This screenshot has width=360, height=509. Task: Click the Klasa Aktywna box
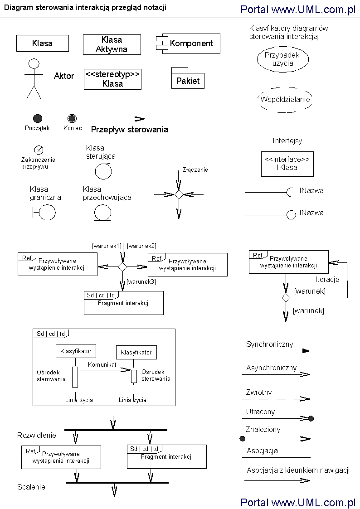click(112, 45)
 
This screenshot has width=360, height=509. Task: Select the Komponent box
click(188, 44)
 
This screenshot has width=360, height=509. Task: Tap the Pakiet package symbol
click(188, 80)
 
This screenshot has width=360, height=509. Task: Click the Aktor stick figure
click(34, 78)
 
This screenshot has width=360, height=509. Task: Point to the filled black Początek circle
click(38, 118)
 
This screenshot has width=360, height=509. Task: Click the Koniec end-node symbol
click(72, 118)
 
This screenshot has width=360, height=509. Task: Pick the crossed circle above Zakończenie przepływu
click(39, 150)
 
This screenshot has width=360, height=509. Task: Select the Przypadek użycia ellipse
click(282, 59)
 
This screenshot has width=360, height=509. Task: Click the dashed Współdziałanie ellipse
click(285, 100)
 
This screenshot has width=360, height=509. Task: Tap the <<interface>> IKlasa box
click(287, 164)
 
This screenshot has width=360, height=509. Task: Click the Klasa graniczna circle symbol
click(47, 212)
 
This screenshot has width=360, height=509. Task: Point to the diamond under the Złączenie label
click(179, 194)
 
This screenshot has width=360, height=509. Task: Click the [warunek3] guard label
click(141, 282)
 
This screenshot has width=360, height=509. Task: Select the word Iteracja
click(327, 279)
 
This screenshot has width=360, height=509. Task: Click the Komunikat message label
click(102, 364)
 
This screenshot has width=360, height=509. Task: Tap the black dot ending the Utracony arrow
click(311, 419)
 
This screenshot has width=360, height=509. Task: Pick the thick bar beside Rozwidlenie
click(116, 430)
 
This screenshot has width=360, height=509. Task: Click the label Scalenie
click(31, 487)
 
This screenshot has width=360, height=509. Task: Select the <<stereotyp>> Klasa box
click(112, 79)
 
